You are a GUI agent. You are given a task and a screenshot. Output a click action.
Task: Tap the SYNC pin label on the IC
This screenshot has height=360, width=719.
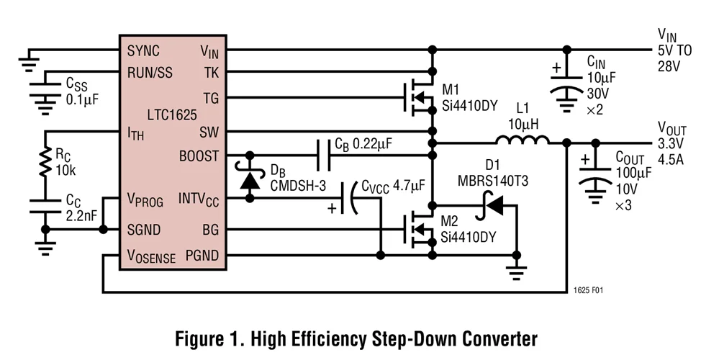point(143,51)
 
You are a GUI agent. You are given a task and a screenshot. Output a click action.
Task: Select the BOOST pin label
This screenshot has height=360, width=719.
point(199,155)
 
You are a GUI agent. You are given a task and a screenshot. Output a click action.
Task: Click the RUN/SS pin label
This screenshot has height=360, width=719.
point(150,72)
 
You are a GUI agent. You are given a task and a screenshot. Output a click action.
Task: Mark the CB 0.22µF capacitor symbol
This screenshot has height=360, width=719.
point(323,155)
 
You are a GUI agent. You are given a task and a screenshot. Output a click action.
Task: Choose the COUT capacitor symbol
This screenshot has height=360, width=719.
point(595,176)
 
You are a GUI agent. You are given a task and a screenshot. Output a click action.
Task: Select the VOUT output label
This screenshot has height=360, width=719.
point(672,130)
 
